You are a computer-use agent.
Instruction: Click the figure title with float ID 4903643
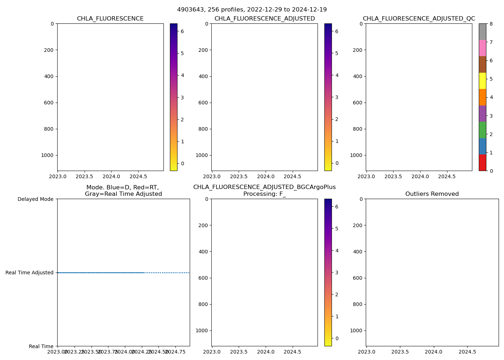pos(252,10)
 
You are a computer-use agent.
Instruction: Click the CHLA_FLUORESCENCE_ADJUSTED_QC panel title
pos(419,19)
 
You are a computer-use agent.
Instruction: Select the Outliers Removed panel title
pos(432,194)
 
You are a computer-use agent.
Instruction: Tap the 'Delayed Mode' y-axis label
pos(35,199)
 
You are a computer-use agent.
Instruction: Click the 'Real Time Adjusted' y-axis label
pos(30,273)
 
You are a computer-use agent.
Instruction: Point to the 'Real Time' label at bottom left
pos(41,346)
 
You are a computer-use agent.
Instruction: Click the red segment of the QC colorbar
pos(482,162)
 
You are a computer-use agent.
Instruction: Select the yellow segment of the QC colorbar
pos(482,81)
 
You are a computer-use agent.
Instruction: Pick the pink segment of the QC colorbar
pos(482,48)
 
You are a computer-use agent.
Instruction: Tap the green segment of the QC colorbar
pos(482,130)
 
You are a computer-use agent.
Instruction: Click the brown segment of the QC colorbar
pos(482,64)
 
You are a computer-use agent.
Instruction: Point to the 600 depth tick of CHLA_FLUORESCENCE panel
pos(49,103)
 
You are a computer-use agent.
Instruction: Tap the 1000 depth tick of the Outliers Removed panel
pos(355,330)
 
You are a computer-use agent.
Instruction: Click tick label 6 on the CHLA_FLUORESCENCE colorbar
pos(182,31)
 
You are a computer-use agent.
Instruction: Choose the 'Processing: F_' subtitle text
pos(264,194)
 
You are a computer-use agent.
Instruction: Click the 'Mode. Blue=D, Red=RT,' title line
pos(122,187)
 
